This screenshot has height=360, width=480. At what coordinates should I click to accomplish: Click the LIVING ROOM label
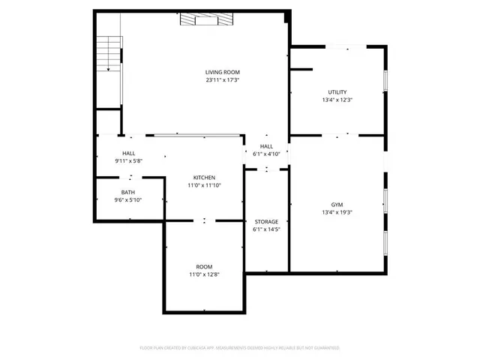pos(223,72)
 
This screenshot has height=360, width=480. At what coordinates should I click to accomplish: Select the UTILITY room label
pos(337,92)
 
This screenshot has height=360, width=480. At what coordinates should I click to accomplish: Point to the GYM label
pos(337,204)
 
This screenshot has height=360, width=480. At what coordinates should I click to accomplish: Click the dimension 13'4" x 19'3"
pos(337,211)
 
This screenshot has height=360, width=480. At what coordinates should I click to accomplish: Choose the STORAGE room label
pos(266,221)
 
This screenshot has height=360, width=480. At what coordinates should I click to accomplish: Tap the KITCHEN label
pos(204,178)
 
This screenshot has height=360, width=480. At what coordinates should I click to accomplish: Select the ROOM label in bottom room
pos(204,267)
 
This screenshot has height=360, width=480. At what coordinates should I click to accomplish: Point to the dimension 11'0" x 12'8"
pos(204,274)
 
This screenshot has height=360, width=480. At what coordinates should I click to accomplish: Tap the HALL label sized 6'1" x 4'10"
pos(266,146)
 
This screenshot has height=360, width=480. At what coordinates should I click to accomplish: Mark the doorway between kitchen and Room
pos(204,221)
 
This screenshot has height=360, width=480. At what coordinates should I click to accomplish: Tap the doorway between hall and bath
pos(131,178)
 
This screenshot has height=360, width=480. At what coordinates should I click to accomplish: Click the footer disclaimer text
pos(240,348)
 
